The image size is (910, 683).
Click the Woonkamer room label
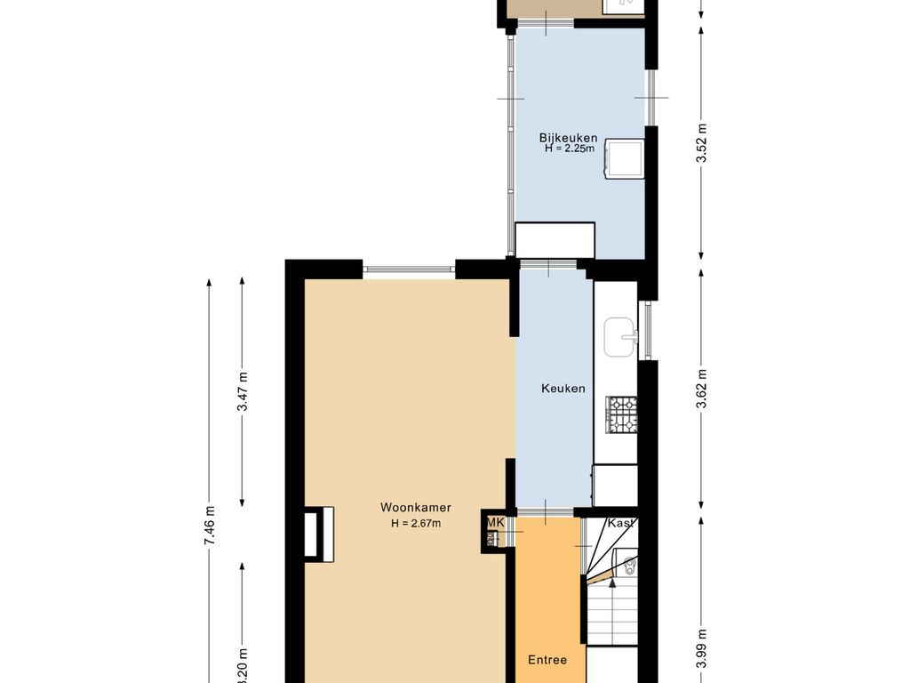tap(415, 508)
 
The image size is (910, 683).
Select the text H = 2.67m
tap(415, 523)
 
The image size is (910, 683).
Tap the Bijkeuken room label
tap(568, 138)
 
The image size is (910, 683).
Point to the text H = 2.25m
tap(570, 149)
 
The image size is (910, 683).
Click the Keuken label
tap(563, 389)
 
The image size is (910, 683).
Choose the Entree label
tap(547, 660)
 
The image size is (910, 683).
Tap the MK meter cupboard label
tap(495, 522)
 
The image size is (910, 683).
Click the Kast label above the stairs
tap(620, 524)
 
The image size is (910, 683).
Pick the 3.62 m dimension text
tap(702, 389)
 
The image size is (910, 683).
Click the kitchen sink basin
tap(620, 335)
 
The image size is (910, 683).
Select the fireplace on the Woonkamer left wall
tap(318, 534)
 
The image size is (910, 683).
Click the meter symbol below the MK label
tap(491, 538)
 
